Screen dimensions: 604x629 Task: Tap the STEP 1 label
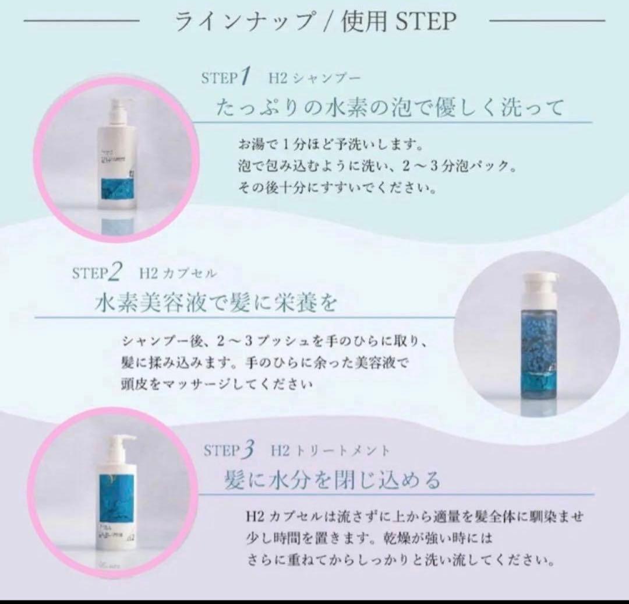click(x=225, y=77)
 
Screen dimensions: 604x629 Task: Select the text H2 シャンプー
click(x=315, y=78)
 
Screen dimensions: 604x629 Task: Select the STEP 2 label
click(x=97, y=273)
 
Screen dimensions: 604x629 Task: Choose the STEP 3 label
click(x=229, y=451)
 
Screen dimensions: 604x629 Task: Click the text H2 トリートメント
click(x=330, y=451)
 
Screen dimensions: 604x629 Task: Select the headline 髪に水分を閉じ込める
click(x=333, y=482)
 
